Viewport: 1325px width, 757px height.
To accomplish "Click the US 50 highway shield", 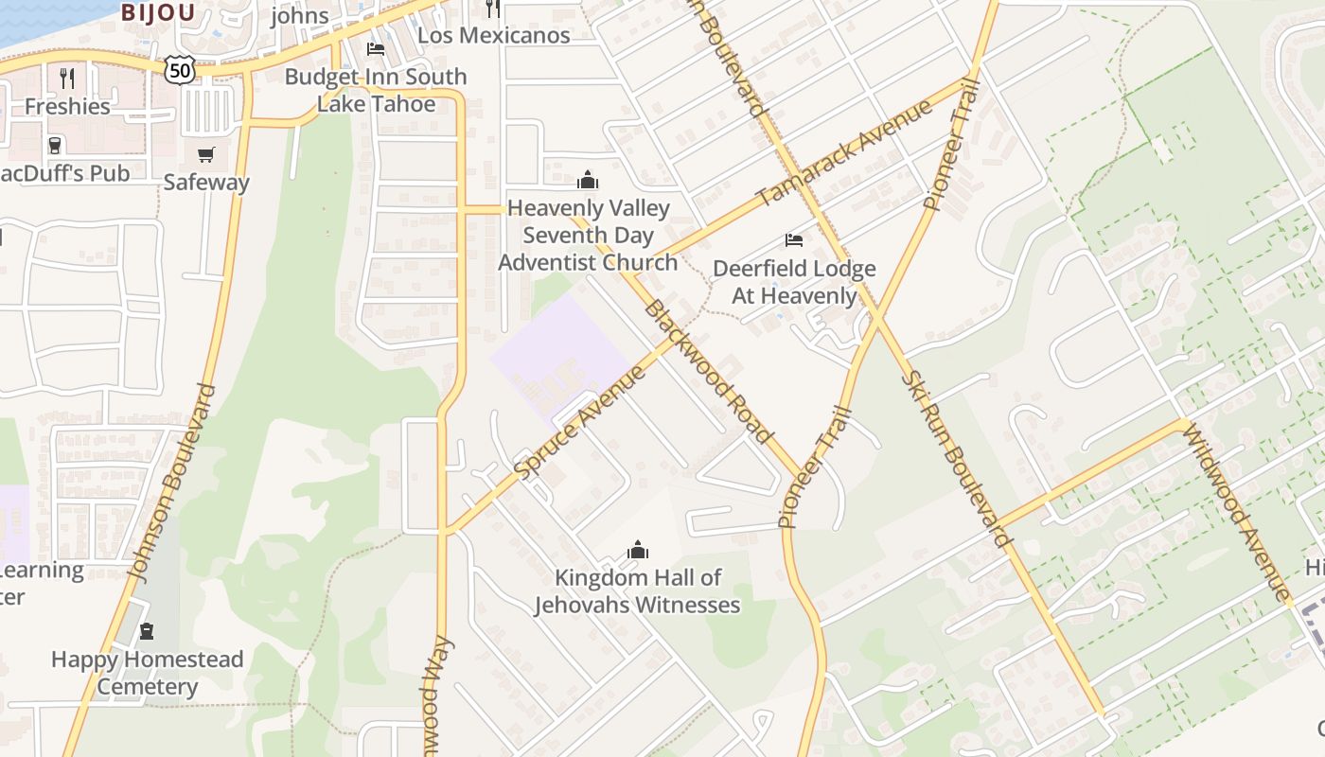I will pos(179,68).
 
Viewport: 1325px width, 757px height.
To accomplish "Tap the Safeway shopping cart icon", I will pos(206,154).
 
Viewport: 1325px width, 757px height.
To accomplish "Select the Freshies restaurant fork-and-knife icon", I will pos(66,78).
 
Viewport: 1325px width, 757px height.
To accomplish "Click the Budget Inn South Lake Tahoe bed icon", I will pos(376,49).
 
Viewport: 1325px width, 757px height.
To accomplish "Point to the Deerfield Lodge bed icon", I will pos(794,240).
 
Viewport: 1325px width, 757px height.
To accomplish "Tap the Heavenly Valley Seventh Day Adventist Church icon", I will pos(588,180).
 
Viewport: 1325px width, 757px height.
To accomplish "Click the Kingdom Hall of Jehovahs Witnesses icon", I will pos(638,550).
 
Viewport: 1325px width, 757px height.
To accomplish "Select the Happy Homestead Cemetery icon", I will pos(147,631).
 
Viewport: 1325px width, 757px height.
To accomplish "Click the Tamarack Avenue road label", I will pos(844,152).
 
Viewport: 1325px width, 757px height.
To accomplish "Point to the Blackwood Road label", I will pos(707,372).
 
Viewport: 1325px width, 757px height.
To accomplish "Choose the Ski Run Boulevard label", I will pos(957,458).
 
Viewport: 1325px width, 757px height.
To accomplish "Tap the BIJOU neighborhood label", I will pos(158,12).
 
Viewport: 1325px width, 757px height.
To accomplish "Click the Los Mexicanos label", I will pos(493,36).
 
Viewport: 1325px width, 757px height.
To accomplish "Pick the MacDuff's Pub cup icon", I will pos(55,145).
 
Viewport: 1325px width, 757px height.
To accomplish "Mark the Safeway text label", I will pos(206,182).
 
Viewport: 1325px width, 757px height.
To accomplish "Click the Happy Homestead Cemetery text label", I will pos(148,673).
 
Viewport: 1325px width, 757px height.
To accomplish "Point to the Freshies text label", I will pos(67,106).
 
